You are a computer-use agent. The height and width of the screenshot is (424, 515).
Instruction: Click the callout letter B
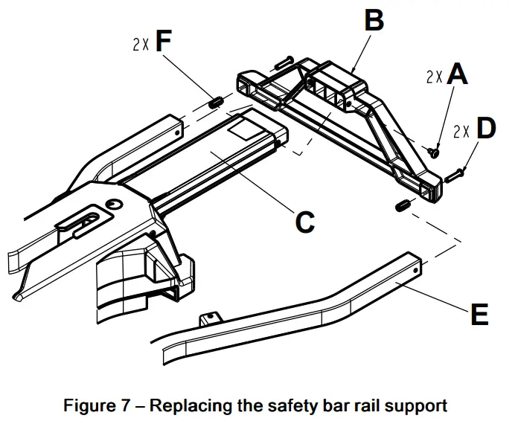click(374, 19)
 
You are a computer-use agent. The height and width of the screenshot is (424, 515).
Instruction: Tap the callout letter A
click(457, 74)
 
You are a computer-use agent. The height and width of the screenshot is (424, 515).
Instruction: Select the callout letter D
click(486, 128)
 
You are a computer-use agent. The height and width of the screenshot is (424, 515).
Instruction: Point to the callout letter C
click(305, 222)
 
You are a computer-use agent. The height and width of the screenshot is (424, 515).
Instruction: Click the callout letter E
click(479, 315)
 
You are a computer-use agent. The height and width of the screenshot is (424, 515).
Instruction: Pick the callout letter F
click(163, 41)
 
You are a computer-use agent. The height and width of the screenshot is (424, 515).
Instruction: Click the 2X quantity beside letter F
click(141, 44)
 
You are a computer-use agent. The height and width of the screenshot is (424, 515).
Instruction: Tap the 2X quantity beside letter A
click(434, 77)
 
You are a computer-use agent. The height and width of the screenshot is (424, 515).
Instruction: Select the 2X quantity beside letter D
click(461, 131)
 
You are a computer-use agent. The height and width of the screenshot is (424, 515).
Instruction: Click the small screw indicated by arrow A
click(433, 152)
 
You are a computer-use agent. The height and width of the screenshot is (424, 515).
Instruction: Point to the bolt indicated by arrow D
click(453, 176)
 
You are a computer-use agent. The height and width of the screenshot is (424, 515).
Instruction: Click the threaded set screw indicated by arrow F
click(216, 103)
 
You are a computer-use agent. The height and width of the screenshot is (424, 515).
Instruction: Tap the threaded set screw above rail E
click(403, 205)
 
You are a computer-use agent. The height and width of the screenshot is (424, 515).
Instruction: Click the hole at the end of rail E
click(415, 271)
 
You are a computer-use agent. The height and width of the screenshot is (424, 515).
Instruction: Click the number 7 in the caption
click(126, 405)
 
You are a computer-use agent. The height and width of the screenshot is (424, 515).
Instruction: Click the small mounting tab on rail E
click(211, 318)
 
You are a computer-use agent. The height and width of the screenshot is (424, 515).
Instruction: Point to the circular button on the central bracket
click(114, 205)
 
